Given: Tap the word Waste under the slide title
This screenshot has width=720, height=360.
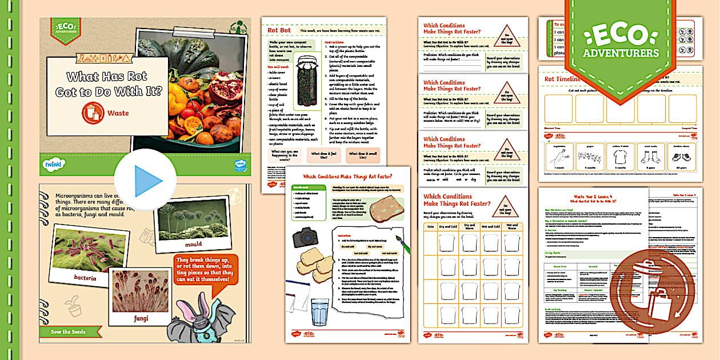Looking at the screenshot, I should point(118,113).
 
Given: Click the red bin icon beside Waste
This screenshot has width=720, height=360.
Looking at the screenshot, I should point(93,113).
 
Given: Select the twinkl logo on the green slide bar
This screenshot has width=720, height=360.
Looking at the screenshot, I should point(53,165).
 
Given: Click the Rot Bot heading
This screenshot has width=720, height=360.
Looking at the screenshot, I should point(280,30).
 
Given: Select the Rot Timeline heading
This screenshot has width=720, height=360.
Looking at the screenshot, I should point(563,79).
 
